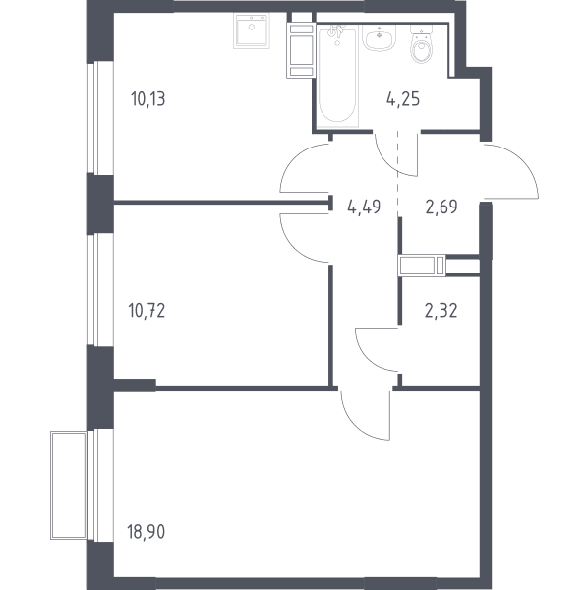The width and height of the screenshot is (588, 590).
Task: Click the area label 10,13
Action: (x=147, y=99)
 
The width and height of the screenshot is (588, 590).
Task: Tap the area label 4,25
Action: (x=403, y=99)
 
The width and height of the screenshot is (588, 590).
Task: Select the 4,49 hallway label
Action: (x=364, y=206)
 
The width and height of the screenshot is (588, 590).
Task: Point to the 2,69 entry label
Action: (x=441, y=206)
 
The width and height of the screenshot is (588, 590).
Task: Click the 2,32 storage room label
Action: (x=441, y=311)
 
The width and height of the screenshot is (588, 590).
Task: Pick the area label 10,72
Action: (x=147, y=311)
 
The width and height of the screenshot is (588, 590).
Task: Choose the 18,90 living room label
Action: (x=146, y=532)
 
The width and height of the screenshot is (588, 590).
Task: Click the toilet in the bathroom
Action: (x=422, y=44)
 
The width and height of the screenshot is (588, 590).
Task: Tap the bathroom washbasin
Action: (x=379, y=37)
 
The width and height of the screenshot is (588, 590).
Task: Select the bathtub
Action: (x=337, y=76)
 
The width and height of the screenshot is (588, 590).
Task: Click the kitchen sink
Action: (x=251, y=30)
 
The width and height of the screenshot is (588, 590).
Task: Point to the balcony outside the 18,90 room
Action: (x=69, y=486)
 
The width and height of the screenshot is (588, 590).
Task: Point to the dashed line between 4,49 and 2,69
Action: (x=398, y=173)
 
